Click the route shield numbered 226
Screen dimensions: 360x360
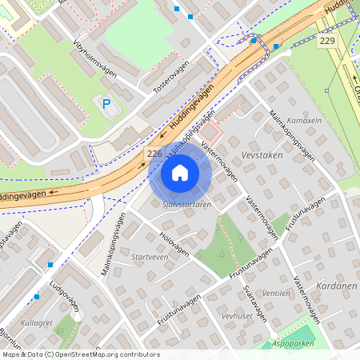154,153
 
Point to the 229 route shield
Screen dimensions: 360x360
326,41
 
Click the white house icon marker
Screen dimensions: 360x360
180,173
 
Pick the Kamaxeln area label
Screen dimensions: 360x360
304,120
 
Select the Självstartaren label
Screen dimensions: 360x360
186,205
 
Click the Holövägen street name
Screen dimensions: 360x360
174,245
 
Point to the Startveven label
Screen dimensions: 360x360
150,258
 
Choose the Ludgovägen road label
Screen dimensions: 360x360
64,299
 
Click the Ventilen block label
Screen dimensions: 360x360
276,294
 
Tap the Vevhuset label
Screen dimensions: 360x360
238,316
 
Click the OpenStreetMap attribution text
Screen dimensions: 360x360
80,354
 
